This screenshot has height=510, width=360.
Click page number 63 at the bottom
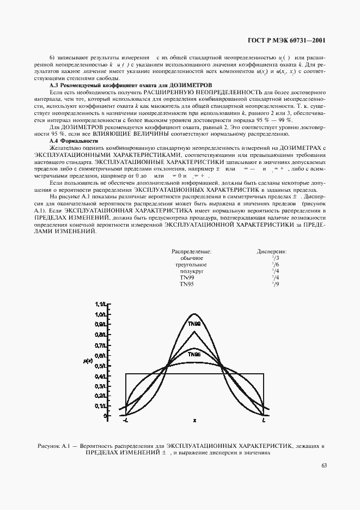point(324,465)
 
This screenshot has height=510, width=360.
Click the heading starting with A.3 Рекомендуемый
point(129,86)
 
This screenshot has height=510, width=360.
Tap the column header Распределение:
point(191,251)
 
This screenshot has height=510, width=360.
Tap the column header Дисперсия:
point(272,251)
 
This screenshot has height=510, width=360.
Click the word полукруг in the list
point(192,271)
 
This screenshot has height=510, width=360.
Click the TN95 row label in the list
point(187,284)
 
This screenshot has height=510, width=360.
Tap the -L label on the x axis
point(125,421)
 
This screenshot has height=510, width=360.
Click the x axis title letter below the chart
point(194,421)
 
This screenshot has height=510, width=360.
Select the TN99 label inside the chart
point(194,324)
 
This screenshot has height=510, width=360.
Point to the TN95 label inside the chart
point(194,354)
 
